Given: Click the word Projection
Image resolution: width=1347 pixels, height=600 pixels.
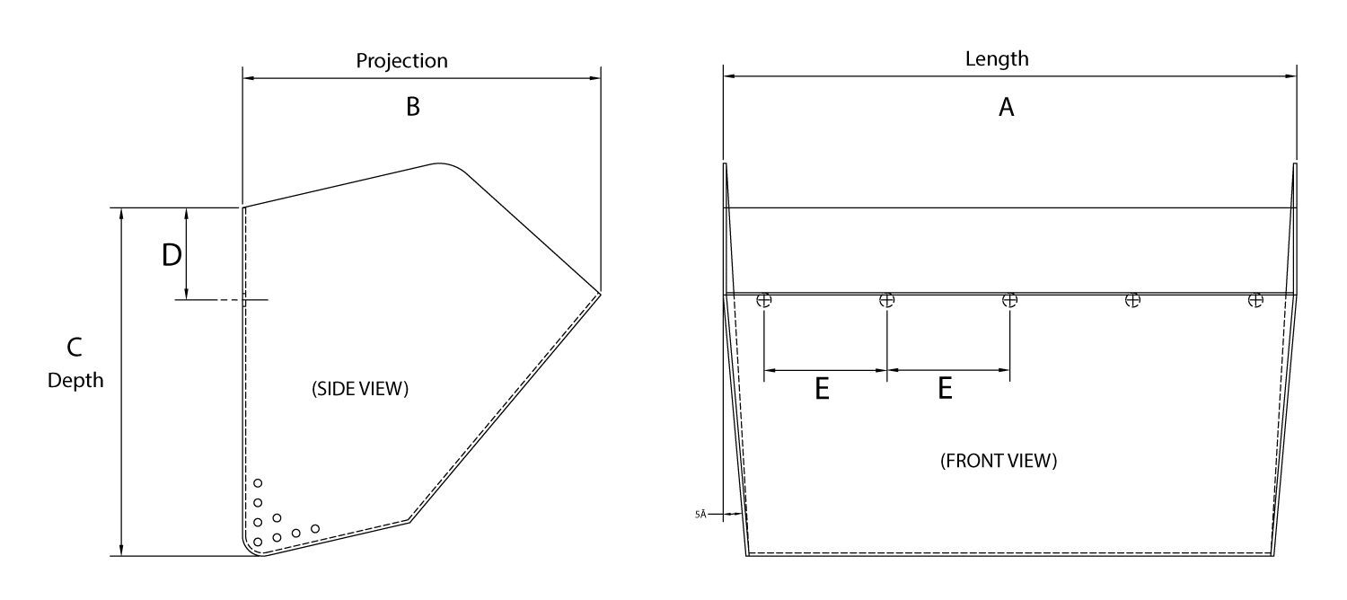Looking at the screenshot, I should coord(401,61).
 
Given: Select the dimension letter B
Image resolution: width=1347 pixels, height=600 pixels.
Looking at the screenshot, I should coord(412,107).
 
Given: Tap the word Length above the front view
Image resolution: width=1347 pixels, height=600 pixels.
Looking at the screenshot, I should coord(997,59).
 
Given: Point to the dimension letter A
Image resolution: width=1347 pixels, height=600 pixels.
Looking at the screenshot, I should coord(1007,108).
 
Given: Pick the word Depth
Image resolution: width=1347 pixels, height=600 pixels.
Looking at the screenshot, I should coord(75,381).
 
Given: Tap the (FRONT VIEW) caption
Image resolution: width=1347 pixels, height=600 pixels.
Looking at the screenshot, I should coord(999,463).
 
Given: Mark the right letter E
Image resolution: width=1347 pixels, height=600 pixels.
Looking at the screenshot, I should coord(945,388).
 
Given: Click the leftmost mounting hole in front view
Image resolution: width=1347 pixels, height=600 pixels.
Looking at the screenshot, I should coord(764,300).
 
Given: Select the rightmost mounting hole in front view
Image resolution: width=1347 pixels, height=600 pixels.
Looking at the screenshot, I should coord(1256,300).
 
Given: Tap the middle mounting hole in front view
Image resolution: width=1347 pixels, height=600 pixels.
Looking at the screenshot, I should coord(1009,300).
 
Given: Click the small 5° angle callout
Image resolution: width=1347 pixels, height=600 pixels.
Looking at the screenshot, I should coord(700,515).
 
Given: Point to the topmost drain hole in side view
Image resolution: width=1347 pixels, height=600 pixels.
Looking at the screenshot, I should coord(258,483).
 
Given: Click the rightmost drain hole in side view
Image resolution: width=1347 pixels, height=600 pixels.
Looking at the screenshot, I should coord(315,528).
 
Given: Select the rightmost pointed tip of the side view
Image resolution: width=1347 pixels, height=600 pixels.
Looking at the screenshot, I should coord(600,292).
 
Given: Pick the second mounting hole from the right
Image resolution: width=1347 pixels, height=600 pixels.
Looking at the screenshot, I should coord(1133,300).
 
